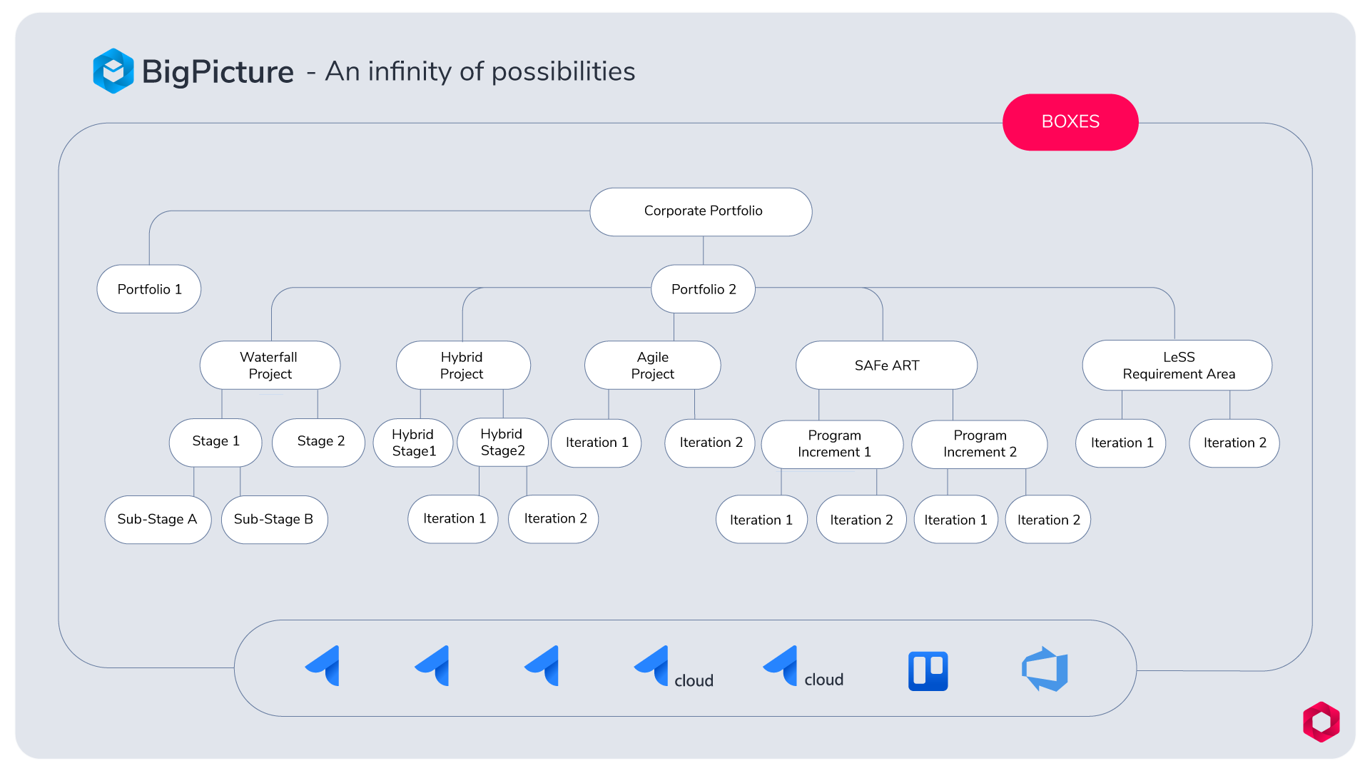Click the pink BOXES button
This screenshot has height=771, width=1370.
pos(1070,122)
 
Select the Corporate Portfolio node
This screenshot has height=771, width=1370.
pos(701,211)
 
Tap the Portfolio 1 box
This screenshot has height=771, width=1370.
pos(149,289)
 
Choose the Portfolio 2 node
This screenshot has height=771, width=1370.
pos(703,289)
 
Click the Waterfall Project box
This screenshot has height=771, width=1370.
pos(270,365)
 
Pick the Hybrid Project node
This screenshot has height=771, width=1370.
pos(463,365)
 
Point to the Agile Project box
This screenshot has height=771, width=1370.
pos(652,365)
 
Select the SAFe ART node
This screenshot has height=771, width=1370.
pos(886,365)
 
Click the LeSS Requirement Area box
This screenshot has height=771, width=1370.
pos(1177,365)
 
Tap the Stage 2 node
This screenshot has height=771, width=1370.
pos(319,443)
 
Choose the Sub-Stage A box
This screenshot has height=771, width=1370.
pos(158,520)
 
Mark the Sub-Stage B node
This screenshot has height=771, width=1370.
pos(275,520)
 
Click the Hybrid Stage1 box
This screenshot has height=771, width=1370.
pos(413,443)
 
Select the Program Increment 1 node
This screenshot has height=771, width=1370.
pos(833,444)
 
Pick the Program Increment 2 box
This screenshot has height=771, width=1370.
pos(980,444)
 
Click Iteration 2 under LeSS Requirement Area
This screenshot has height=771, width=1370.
pos(1234,443)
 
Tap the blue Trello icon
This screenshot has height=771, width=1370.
pos(928,671)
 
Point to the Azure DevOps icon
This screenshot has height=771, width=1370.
pos(1045,669)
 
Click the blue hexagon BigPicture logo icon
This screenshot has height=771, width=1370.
pos(113,71)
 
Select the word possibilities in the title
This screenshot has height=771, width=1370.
pos(563,72)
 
